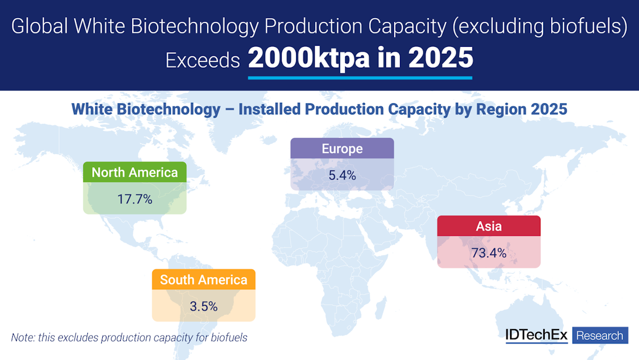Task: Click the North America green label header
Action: coord(135,172)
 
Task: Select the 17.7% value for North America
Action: coord(135,199)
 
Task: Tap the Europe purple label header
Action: coord(342,149)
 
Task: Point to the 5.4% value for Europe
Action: coord(342,175)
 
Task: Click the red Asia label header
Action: coord(489,226)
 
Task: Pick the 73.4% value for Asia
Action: coord(489,253)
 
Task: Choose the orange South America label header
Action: coord(203,280)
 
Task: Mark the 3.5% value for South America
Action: coord(203,306)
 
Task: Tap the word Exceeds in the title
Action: coord(202,61)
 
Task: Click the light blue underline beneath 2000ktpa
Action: coord(360,78)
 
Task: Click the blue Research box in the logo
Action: coord(600,336)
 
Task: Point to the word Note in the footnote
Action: coord(22,337)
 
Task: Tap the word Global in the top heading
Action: coord(39,27)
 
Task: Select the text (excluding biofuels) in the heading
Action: coord(538,27)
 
